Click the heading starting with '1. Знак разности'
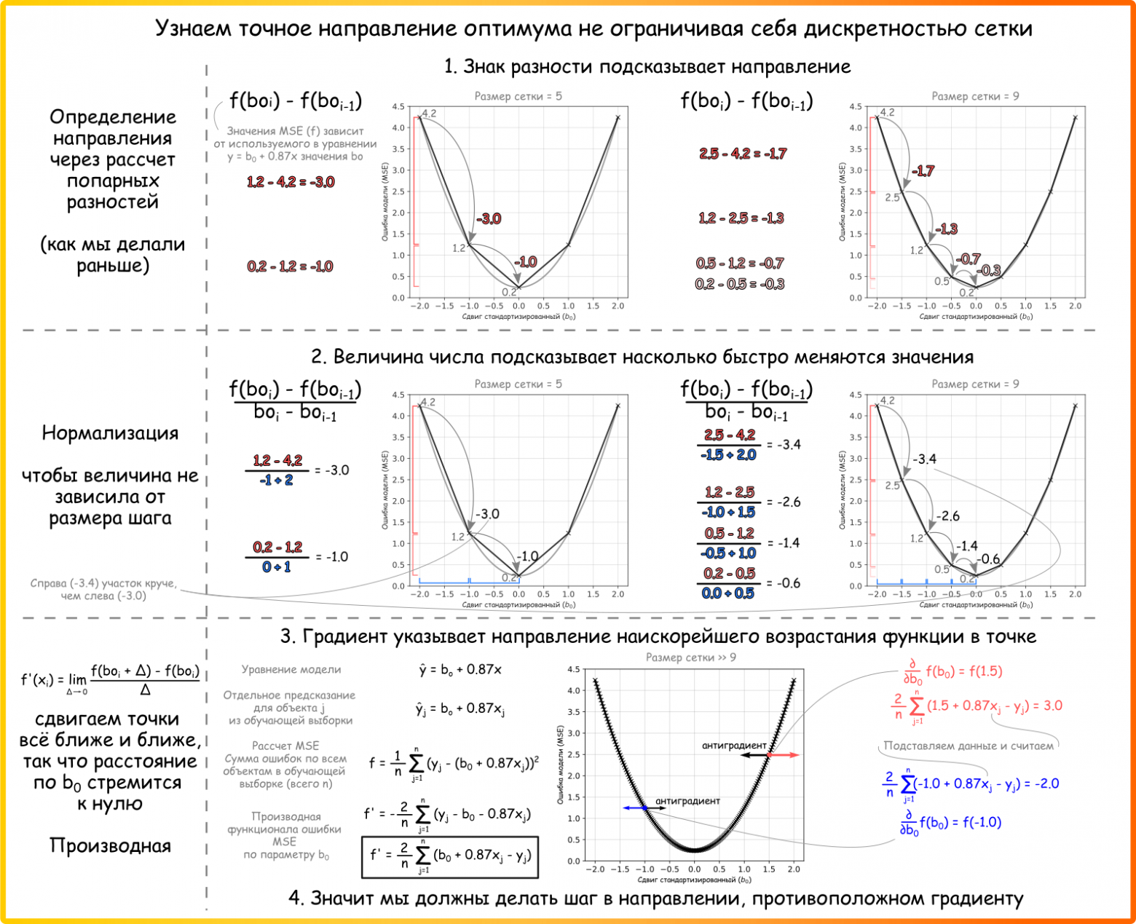point(647,67)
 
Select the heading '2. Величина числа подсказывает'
point(642,358)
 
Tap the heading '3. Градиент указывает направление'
point(658,636)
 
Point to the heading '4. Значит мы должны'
point(655,899)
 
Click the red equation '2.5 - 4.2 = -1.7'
point(743,154)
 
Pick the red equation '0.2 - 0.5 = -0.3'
point(739,284)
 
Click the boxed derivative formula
point(450,857)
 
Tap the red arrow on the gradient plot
point(784,755)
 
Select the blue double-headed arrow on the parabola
point(636,808)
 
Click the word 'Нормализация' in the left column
point(110,433)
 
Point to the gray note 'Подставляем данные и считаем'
point(969,746)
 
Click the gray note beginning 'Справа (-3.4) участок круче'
point(103,589)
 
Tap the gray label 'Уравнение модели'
point(291,669)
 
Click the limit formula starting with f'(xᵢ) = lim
point(110,680)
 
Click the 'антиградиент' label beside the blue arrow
point(687,801)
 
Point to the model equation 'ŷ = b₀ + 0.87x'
point(460,669)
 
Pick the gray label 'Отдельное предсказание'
point(290,695)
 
